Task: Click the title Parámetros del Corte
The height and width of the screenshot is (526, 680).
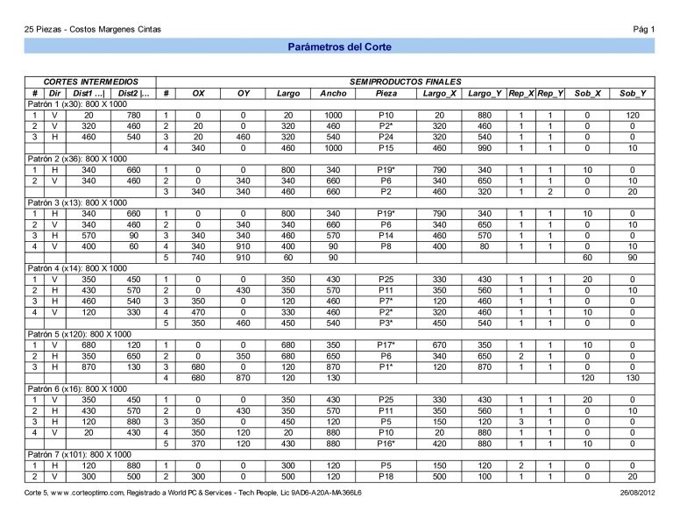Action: coord(340,46)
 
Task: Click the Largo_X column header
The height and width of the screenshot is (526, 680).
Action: coord(439,93)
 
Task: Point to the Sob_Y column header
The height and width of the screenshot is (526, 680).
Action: coord(632,93)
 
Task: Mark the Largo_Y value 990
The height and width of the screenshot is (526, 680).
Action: coord(485,148)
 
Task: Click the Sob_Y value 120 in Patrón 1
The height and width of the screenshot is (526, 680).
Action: coord(632,116)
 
